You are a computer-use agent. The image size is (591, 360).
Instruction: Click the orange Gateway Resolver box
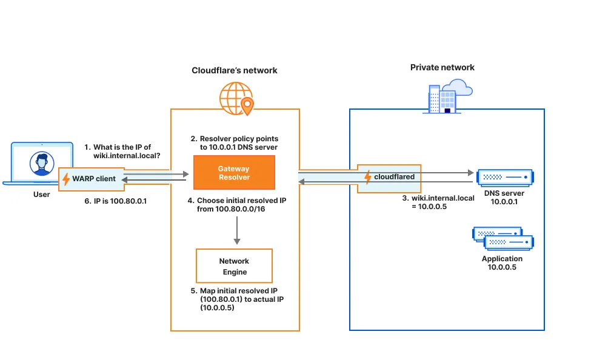(x=234, y=173)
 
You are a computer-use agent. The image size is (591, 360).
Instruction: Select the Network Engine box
(x=234, y=266)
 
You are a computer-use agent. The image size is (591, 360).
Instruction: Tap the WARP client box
(x=89, y=179)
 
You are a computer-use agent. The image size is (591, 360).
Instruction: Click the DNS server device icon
(x=505, y=178)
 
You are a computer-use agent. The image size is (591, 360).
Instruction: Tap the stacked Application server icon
(x=503, y=239)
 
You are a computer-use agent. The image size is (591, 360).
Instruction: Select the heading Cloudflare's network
(x=235, y=70)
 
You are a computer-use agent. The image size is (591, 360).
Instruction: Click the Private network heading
(x=442, y=67)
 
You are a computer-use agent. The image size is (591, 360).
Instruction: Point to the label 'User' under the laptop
(x=41, y=195)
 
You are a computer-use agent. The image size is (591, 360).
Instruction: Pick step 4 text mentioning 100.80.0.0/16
(x=236, y=204)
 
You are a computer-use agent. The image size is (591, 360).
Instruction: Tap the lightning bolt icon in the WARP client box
(x=66, y=179)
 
